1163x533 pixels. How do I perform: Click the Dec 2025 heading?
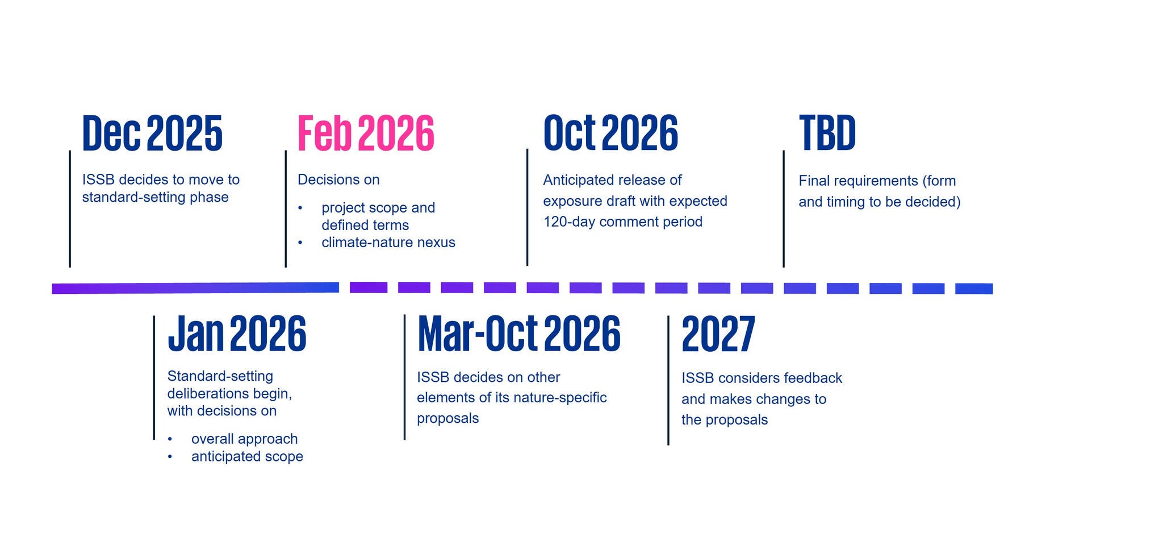point(152,133)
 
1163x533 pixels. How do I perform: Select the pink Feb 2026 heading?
point(366,133)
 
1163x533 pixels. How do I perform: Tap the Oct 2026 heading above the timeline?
point(610,133)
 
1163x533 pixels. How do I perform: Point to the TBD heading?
point(827,133)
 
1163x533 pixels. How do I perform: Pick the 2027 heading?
point(718,334)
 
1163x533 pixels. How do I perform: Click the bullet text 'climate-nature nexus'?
point(388,242)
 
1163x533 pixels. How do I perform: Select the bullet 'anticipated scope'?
point(247,456)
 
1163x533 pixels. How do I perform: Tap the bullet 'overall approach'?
point(244,439)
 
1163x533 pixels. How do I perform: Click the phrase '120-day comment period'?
point(623,222)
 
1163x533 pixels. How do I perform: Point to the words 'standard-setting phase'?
point(156,197)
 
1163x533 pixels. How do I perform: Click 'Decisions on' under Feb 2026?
point(338,180)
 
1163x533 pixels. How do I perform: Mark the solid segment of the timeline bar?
point(195,288)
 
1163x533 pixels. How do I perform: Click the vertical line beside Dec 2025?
point(70,209)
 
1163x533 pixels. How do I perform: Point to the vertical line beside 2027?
point(668,380)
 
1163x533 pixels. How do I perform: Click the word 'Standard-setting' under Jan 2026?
point(220,376)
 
